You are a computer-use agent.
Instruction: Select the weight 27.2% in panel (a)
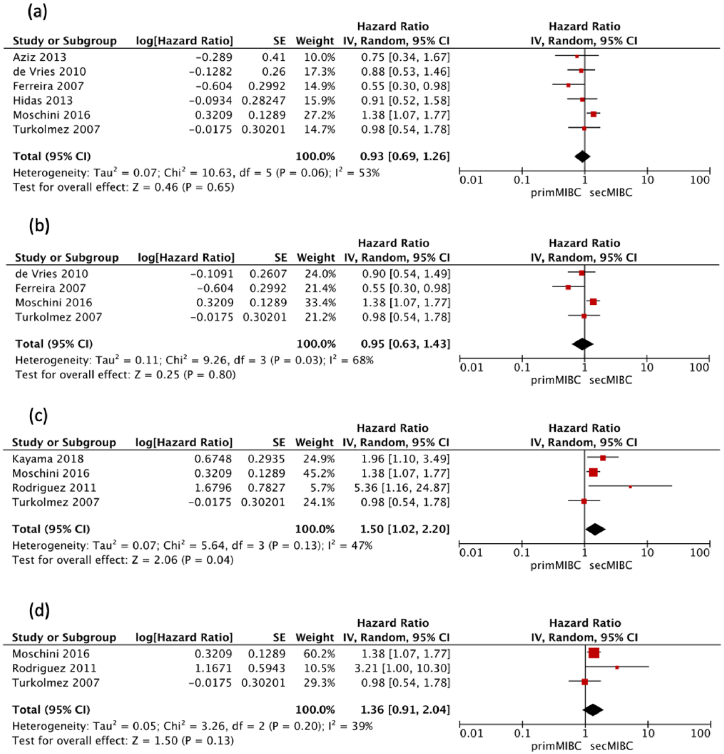(x=319, y=115)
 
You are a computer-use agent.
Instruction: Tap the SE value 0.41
(x=273, y=57)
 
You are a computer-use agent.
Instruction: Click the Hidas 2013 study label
(x=43, y=100)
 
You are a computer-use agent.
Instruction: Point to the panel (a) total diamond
(x=582, y=156)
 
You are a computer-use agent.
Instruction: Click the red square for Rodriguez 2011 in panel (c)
(x=630, y=487)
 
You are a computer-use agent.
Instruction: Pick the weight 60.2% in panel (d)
(x=319, y=654)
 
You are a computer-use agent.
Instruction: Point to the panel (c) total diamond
(x=595, y=529)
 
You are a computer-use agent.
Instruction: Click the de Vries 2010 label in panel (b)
(x=51, y=274)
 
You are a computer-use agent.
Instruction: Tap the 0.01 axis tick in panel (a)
(x=471, y=180)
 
